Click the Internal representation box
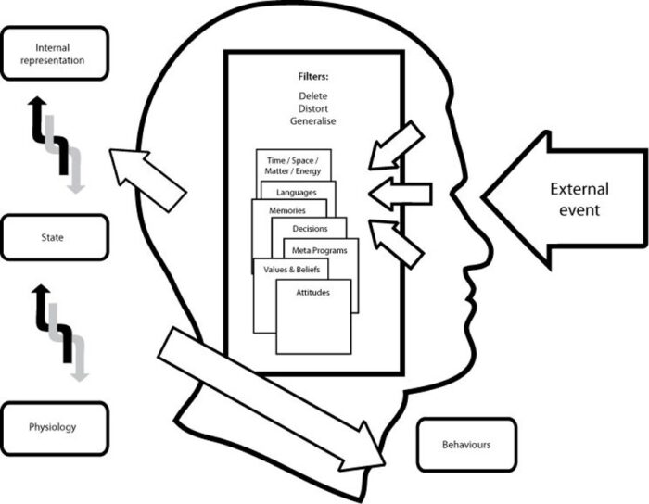click(56, 54)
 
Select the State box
click(56, 238)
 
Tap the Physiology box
click(56, 427)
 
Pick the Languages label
click(297, 192)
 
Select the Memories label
click(287, 211)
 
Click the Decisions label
click(310, 228)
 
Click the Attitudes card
click(313, 315)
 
